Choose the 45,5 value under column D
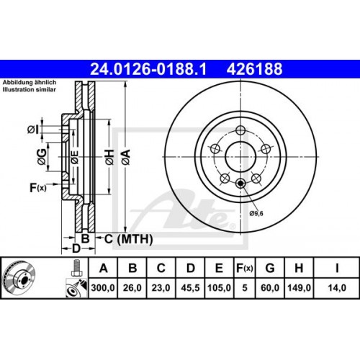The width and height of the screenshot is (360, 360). [x=190, y=288]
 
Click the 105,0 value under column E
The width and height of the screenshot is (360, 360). [x=219, y=288]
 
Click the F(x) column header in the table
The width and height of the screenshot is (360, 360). [x=246, y=269]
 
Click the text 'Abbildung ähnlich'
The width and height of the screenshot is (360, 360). [x=30, y=82]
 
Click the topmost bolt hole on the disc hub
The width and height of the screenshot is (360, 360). [x=238, y=130]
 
